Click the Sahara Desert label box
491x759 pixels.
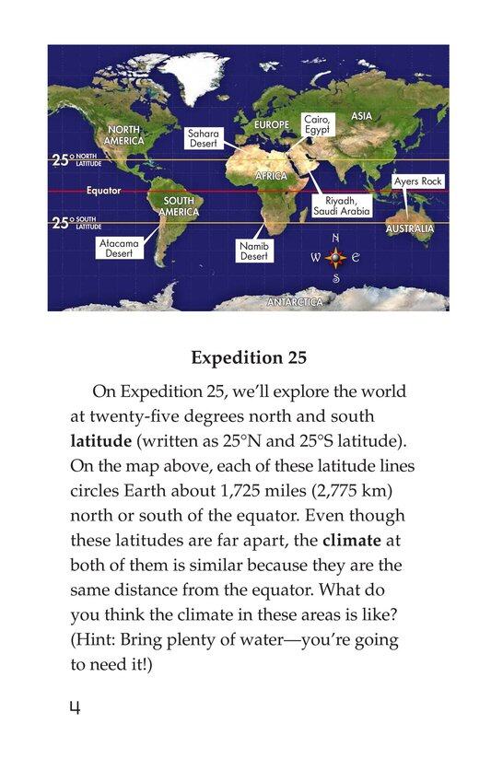[203, 138]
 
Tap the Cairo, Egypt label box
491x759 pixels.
[316, 125]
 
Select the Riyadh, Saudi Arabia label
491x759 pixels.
[346, 205]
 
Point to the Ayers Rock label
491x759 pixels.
[418, 181]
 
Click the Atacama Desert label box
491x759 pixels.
[119, 248]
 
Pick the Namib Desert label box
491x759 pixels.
[254, 251]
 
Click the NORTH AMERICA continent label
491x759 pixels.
[124, 135]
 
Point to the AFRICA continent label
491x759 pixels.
[271, 175]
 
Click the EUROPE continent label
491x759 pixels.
[271, 124]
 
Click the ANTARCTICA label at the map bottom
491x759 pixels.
[295, 302]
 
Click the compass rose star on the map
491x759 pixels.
[335, 259]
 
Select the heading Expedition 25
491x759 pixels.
[246, 357]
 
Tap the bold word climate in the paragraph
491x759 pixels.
[372, 533]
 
